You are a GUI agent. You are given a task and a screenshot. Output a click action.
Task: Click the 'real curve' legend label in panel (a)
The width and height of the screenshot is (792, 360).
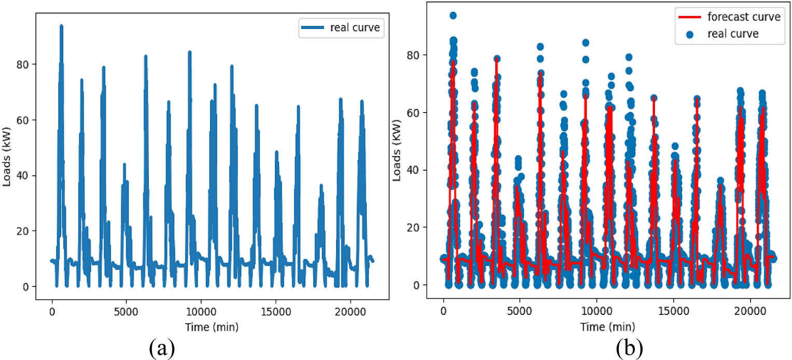click(355, 27)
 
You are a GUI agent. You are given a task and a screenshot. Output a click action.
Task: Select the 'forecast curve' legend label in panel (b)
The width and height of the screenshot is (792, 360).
click(744, 17)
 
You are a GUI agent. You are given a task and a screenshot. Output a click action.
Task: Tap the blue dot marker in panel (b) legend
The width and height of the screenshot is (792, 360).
click(689, 34)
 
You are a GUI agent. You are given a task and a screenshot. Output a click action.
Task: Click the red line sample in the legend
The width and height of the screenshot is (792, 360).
click(689, 17)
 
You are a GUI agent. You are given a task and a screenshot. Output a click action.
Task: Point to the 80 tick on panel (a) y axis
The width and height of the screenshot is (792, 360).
click(23, 64)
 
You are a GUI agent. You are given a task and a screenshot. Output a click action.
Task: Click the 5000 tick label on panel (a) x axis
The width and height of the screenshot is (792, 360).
click(126, 312)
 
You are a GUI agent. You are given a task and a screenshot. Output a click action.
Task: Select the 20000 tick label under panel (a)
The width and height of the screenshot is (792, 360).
click(350, 312)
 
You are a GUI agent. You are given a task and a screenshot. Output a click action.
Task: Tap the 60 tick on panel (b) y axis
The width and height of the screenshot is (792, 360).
click(414, 113)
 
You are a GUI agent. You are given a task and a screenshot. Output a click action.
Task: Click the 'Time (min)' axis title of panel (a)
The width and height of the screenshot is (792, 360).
click(212, 327)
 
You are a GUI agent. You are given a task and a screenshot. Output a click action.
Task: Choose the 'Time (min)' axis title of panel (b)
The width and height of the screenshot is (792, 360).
click(607, 326)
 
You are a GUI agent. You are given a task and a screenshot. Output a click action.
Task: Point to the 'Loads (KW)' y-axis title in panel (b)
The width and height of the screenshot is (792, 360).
click(397, 150)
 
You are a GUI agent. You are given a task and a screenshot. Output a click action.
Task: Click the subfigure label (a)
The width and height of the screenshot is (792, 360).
click(162, 349)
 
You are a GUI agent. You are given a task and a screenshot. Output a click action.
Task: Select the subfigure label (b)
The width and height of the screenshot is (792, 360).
click(629, 349)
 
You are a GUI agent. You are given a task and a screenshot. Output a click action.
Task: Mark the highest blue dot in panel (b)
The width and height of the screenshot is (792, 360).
click(453, 16)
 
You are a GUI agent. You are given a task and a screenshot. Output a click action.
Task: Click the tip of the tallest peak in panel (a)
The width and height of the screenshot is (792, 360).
click(61, 26)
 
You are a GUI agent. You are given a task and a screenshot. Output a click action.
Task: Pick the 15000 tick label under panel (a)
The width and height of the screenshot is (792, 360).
click(275, 312)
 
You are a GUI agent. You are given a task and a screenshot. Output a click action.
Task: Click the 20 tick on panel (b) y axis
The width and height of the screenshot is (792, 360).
click(414, 227)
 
